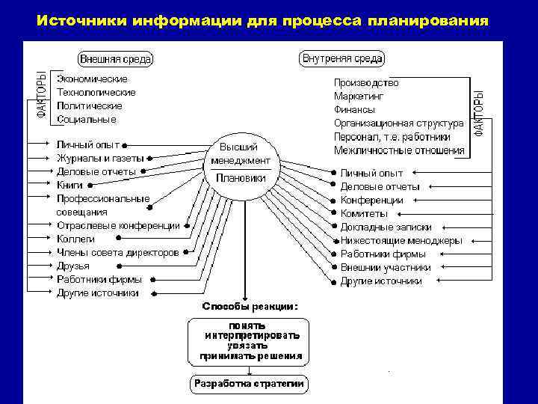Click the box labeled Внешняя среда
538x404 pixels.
click(x=116, y=58)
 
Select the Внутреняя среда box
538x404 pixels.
click(x=341, y=58)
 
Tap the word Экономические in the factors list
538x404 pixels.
click(x=92, y=79)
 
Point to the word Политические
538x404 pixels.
click(x=89, y=105)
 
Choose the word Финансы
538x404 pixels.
click(x=354, y=110)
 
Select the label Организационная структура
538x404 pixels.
click(x=398, y=123)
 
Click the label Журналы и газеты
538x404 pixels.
click(x=100, y=158)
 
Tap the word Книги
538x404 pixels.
click(x=69, y=185)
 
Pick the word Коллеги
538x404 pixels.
click(x=75, y=239)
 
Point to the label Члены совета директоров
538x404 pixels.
click(x=117, y=252)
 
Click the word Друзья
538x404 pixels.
click(x=73, y=266)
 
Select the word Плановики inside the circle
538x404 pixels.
click(x=241, y=178)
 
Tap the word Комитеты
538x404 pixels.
click(x=364, y=213)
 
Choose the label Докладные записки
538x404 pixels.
click(x=386, y=227)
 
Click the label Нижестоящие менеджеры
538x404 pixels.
click(x=401, y=240)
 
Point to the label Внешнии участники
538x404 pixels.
click(x=385, y=267)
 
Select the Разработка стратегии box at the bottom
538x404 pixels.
click(x=249, y=384)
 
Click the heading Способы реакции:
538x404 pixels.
click(x=250, y=307)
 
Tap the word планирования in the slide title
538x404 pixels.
click(x=427, y=19)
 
